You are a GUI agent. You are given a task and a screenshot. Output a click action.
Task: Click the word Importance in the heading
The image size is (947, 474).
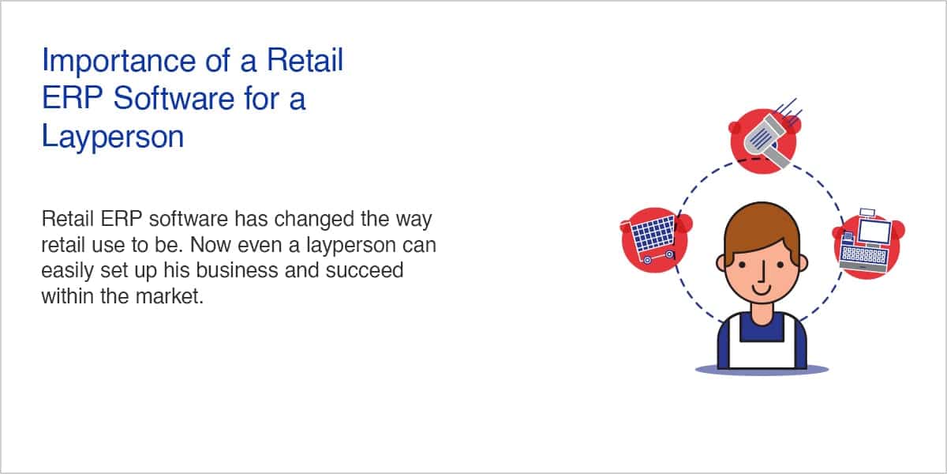(x=119, y=62)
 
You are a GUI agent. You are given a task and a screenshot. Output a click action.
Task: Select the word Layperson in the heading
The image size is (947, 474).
(x=113, y=137)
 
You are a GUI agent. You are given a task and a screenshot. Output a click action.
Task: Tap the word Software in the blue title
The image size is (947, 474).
(x=174, y=99)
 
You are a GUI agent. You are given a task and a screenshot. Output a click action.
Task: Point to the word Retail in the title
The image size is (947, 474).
(x=305, y=60)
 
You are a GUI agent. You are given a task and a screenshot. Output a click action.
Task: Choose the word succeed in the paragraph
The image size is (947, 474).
(x=365, y=270)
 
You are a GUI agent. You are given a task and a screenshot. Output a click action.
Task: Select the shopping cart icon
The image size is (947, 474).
(x=649, y=239)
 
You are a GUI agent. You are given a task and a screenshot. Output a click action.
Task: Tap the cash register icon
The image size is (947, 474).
(x=866, y=241)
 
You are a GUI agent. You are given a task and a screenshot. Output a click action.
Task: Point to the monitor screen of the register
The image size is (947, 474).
(x=874, y=231)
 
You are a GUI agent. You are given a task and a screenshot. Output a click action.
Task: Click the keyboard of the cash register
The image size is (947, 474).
(x=863, y=254)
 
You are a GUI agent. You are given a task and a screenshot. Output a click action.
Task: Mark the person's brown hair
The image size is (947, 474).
(x=762, y=231)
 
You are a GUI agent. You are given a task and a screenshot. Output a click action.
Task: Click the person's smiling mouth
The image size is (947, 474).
(x=762, y=291)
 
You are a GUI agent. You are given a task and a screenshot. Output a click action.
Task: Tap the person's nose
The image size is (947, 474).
(x=762, y=271)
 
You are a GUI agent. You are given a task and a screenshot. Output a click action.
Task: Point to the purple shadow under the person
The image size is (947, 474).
(x=762, y=370)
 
